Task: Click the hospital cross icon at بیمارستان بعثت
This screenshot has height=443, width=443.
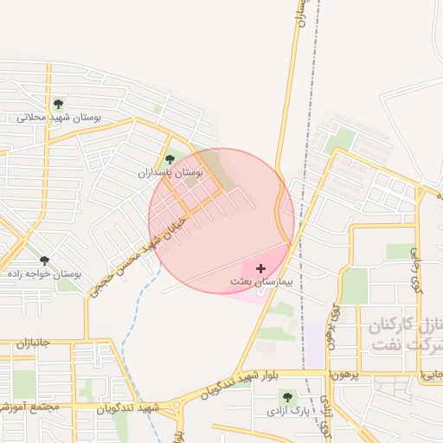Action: point(261,269)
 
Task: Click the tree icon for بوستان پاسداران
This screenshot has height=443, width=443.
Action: point(170,159)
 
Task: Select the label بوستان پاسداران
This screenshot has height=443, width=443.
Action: point(170,173)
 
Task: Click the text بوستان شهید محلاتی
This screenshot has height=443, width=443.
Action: point(60,117)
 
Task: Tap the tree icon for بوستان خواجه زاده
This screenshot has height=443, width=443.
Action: point(44,260)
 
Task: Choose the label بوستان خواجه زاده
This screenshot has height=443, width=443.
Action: point(44,273)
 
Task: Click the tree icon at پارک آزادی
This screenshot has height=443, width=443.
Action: point(286,396)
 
